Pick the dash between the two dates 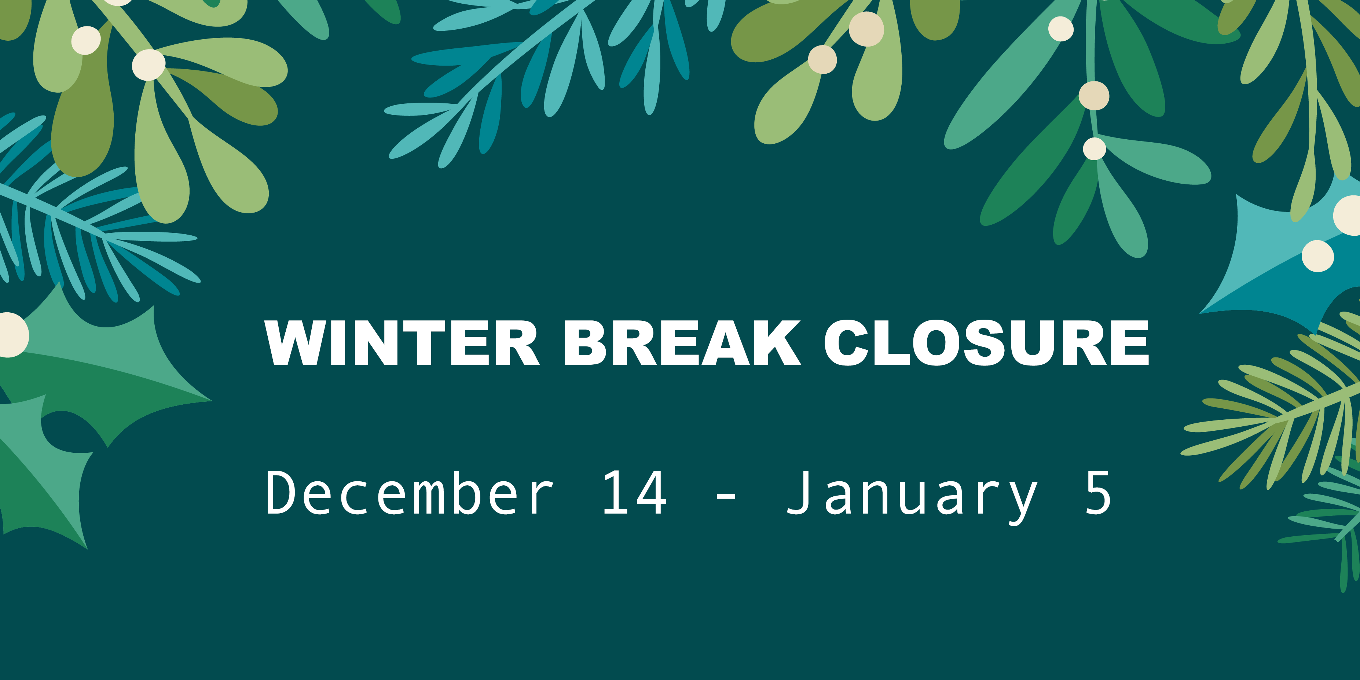pos(726,497)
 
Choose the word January pos(912,496)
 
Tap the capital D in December pos(281,492)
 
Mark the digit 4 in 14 pos(650,492)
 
